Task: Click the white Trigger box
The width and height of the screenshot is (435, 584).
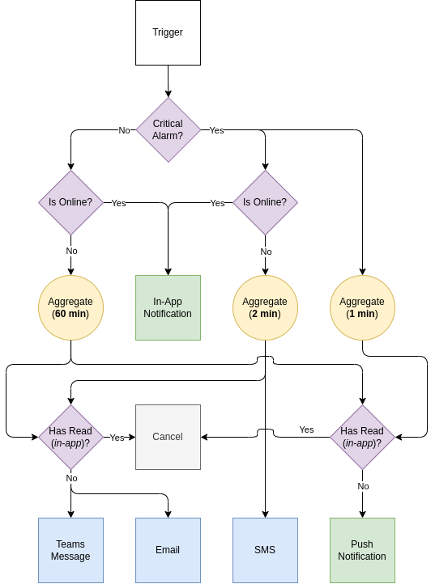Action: (x=168, y=32)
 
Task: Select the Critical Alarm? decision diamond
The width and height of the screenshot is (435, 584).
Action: (x=168, y=129)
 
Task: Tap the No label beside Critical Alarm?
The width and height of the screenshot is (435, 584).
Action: (x=124, y=130)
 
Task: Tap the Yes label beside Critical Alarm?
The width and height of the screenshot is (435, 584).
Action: (x=216, y=130)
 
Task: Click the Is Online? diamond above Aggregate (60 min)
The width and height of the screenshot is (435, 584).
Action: (x=70, y=202)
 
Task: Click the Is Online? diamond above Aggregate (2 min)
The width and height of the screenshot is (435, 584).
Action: (x=265, y=202)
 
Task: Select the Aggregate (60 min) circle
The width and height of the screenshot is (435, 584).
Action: (x=70, y=307)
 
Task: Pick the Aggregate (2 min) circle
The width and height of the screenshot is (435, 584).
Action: (x=265, y=307)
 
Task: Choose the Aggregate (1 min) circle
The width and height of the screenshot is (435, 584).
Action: (x=362, y=307)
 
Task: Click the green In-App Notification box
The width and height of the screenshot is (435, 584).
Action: (x=168, y=307)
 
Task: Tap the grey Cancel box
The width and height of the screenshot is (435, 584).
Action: (x=168, y=437)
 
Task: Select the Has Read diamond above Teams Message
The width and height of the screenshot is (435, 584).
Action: (x=70, y=437)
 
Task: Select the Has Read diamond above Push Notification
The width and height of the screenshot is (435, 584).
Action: (x=362, y=437)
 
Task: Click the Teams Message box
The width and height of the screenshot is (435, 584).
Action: (x=70, y=550)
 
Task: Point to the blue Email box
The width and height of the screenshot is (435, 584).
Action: (x=168, y=550)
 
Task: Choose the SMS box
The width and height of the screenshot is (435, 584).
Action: (x=265, y=550)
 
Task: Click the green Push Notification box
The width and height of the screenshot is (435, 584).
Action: (x=362, y=550)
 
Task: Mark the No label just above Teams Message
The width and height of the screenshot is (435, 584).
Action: (x=71, y=478)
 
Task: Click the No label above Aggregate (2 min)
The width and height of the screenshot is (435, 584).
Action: (x=266, y=252)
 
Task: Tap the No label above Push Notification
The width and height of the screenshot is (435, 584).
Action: (x=363, y=486)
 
